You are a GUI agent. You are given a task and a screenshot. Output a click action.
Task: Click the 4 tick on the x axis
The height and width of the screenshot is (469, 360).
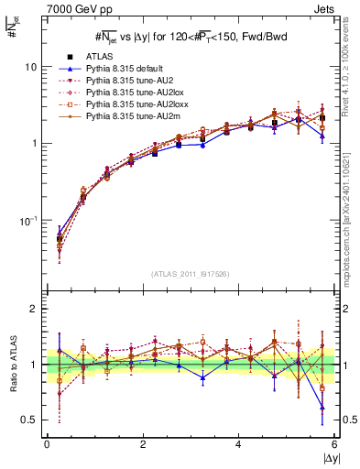coord(239,444)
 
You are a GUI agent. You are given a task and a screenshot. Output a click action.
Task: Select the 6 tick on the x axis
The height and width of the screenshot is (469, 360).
coord(334,444)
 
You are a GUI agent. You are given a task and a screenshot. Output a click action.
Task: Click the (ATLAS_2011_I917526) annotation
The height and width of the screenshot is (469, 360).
coord(191,274)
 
